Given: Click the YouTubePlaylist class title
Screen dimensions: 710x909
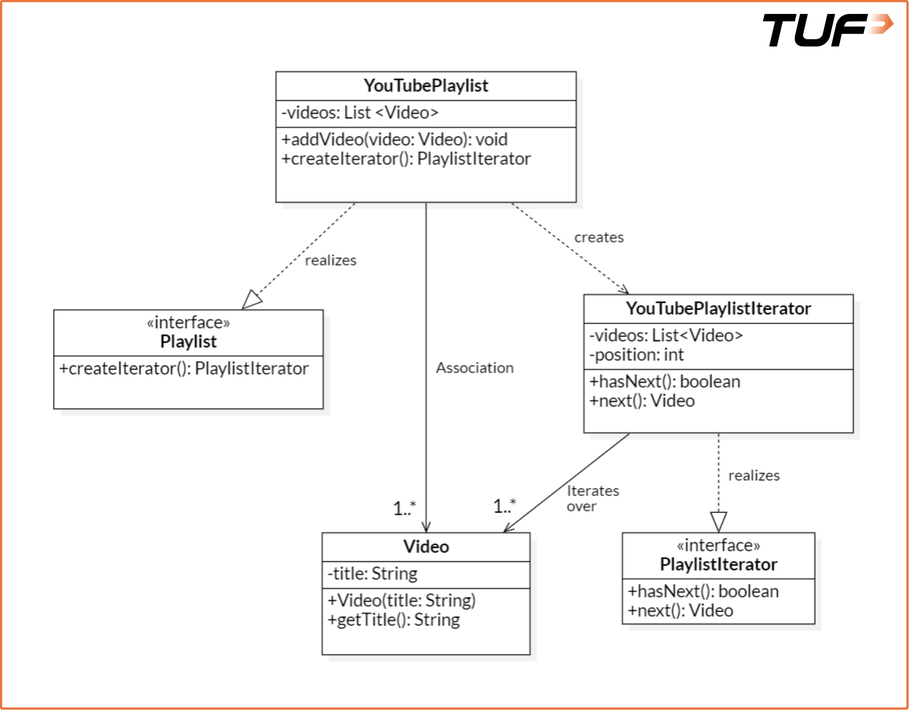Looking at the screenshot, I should click(426, 86).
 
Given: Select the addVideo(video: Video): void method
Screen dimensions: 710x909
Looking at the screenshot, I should click(394, 140).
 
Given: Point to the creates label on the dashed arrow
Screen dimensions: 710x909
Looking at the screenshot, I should click(599, 237).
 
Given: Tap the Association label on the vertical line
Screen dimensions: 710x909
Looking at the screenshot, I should click(474, 368).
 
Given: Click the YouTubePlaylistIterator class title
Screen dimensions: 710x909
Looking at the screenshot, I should click(718, 309).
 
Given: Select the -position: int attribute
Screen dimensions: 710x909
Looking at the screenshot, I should click(636, 355).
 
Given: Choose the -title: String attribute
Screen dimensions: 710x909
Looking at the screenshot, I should click(372, 574).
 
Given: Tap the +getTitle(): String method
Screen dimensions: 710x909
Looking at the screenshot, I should click(393, 620).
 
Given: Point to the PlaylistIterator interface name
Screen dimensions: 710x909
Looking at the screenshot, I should click(718, 565).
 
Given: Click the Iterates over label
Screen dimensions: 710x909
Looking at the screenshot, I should click(592, 499).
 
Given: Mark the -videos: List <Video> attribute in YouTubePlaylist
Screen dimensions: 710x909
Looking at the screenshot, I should click(360, 113).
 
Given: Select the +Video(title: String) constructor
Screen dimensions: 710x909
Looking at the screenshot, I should click(401, 601).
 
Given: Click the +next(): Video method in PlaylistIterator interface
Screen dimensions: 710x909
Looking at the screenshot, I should click(680, 611).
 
